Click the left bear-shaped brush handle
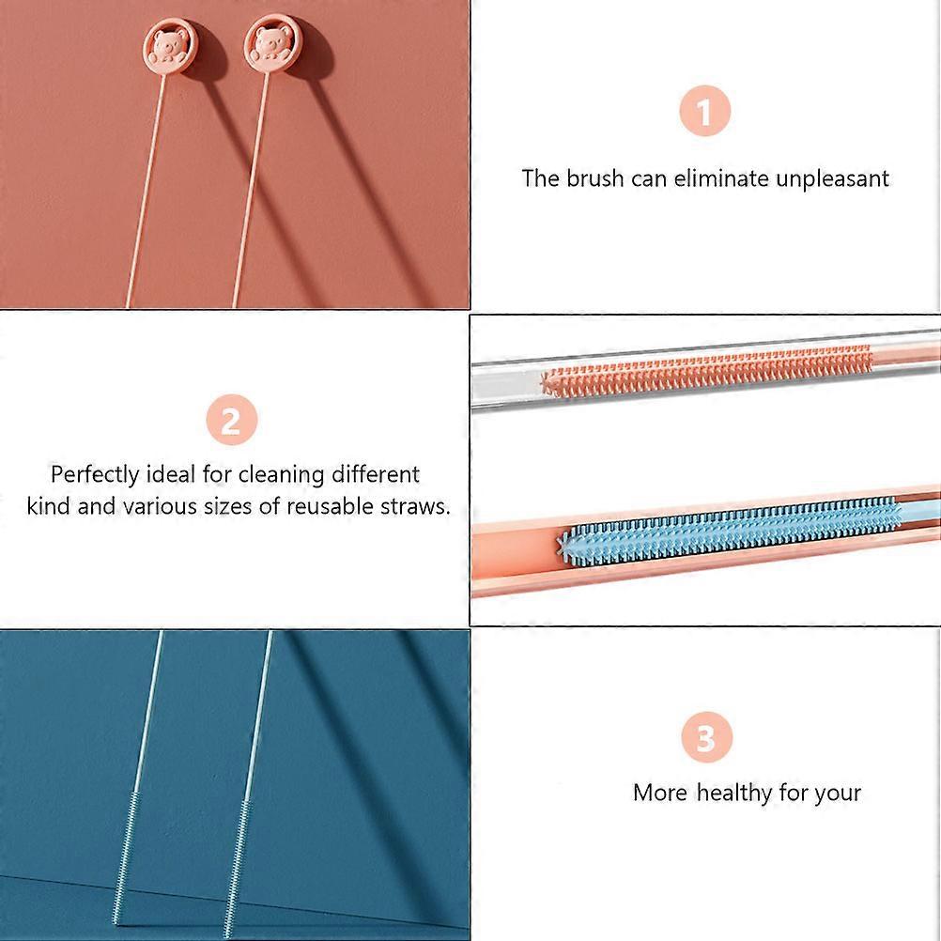(x=170, y=47)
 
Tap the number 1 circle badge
(x=704, y=111)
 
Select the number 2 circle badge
(x=232, y=420)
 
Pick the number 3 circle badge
(x=707, y=737)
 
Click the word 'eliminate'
(x=721, y=178)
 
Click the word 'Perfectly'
(x=95, y=475)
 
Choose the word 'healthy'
(x=734, y=794)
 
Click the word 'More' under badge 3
(x=659, y=793)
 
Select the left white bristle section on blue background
(x=126, y=859)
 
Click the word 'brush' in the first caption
(x=594, y=178)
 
